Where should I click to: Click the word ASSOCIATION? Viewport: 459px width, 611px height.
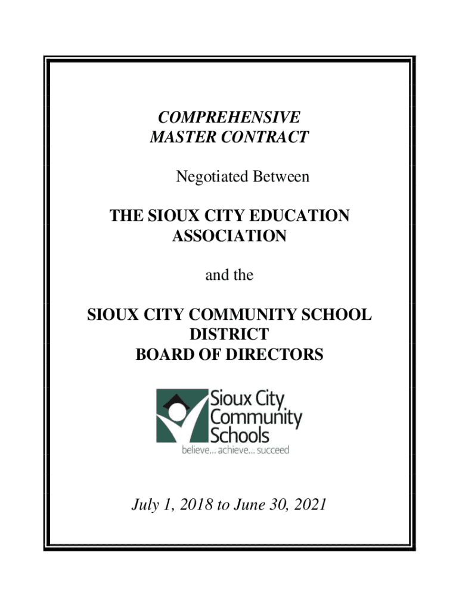click(229, 236)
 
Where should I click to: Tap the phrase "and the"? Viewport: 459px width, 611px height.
click(229, 276)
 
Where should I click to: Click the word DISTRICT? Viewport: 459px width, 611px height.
click(229, 335)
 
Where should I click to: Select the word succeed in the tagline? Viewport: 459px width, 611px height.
click(273, 450)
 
